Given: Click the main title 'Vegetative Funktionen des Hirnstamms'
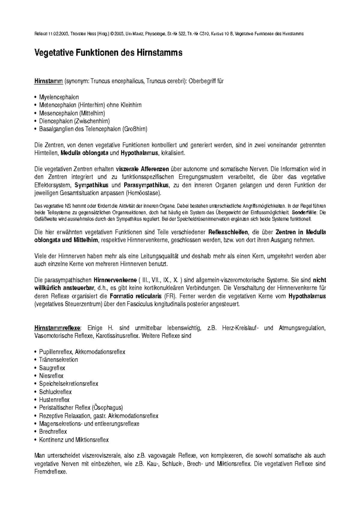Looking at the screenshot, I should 109,53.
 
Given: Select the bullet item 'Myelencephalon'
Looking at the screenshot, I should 59,97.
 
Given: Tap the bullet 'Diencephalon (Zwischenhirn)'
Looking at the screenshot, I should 74,121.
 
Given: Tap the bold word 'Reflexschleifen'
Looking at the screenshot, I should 228,232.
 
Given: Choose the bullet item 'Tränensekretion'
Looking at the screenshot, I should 58,360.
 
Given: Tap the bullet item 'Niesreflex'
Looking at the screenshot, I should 51,376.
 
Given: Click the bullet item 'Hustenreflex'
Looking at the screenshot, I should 54,400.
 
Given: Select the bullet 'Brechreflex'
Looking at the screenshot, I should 53,432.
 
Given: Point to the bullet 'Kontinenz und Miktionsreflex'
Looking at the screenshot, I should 74,440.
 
